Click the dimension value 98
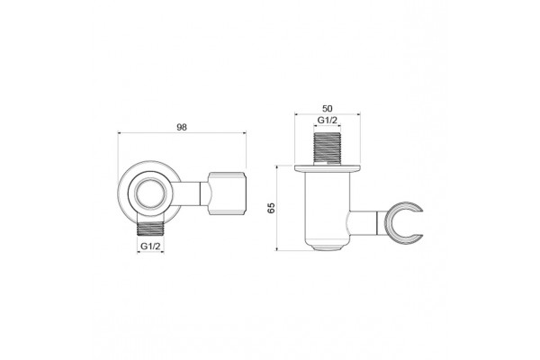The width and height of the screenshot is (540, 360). click(x=182, y=127)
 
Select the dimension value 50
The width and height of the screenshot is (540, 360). click(x=328, y=109)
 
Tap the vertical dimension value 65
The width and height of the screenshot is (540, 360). click(x=272, y=208)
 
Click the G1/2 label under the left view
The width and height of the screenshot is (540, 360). click(x=150, y=247)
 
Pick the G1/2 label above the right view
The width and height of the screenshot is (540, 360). click(x=328, y=121)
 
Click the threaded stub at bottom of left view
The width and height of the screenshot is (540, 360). click(x=150, y=228)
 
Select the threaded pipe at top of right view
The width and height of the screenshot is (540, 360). click(x=328, y=147)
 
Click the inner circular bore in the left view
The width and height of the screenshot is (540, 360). click(x=150, y=193)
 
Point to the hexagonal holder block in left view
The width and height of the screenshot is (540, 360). click(x=228, y=193)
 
